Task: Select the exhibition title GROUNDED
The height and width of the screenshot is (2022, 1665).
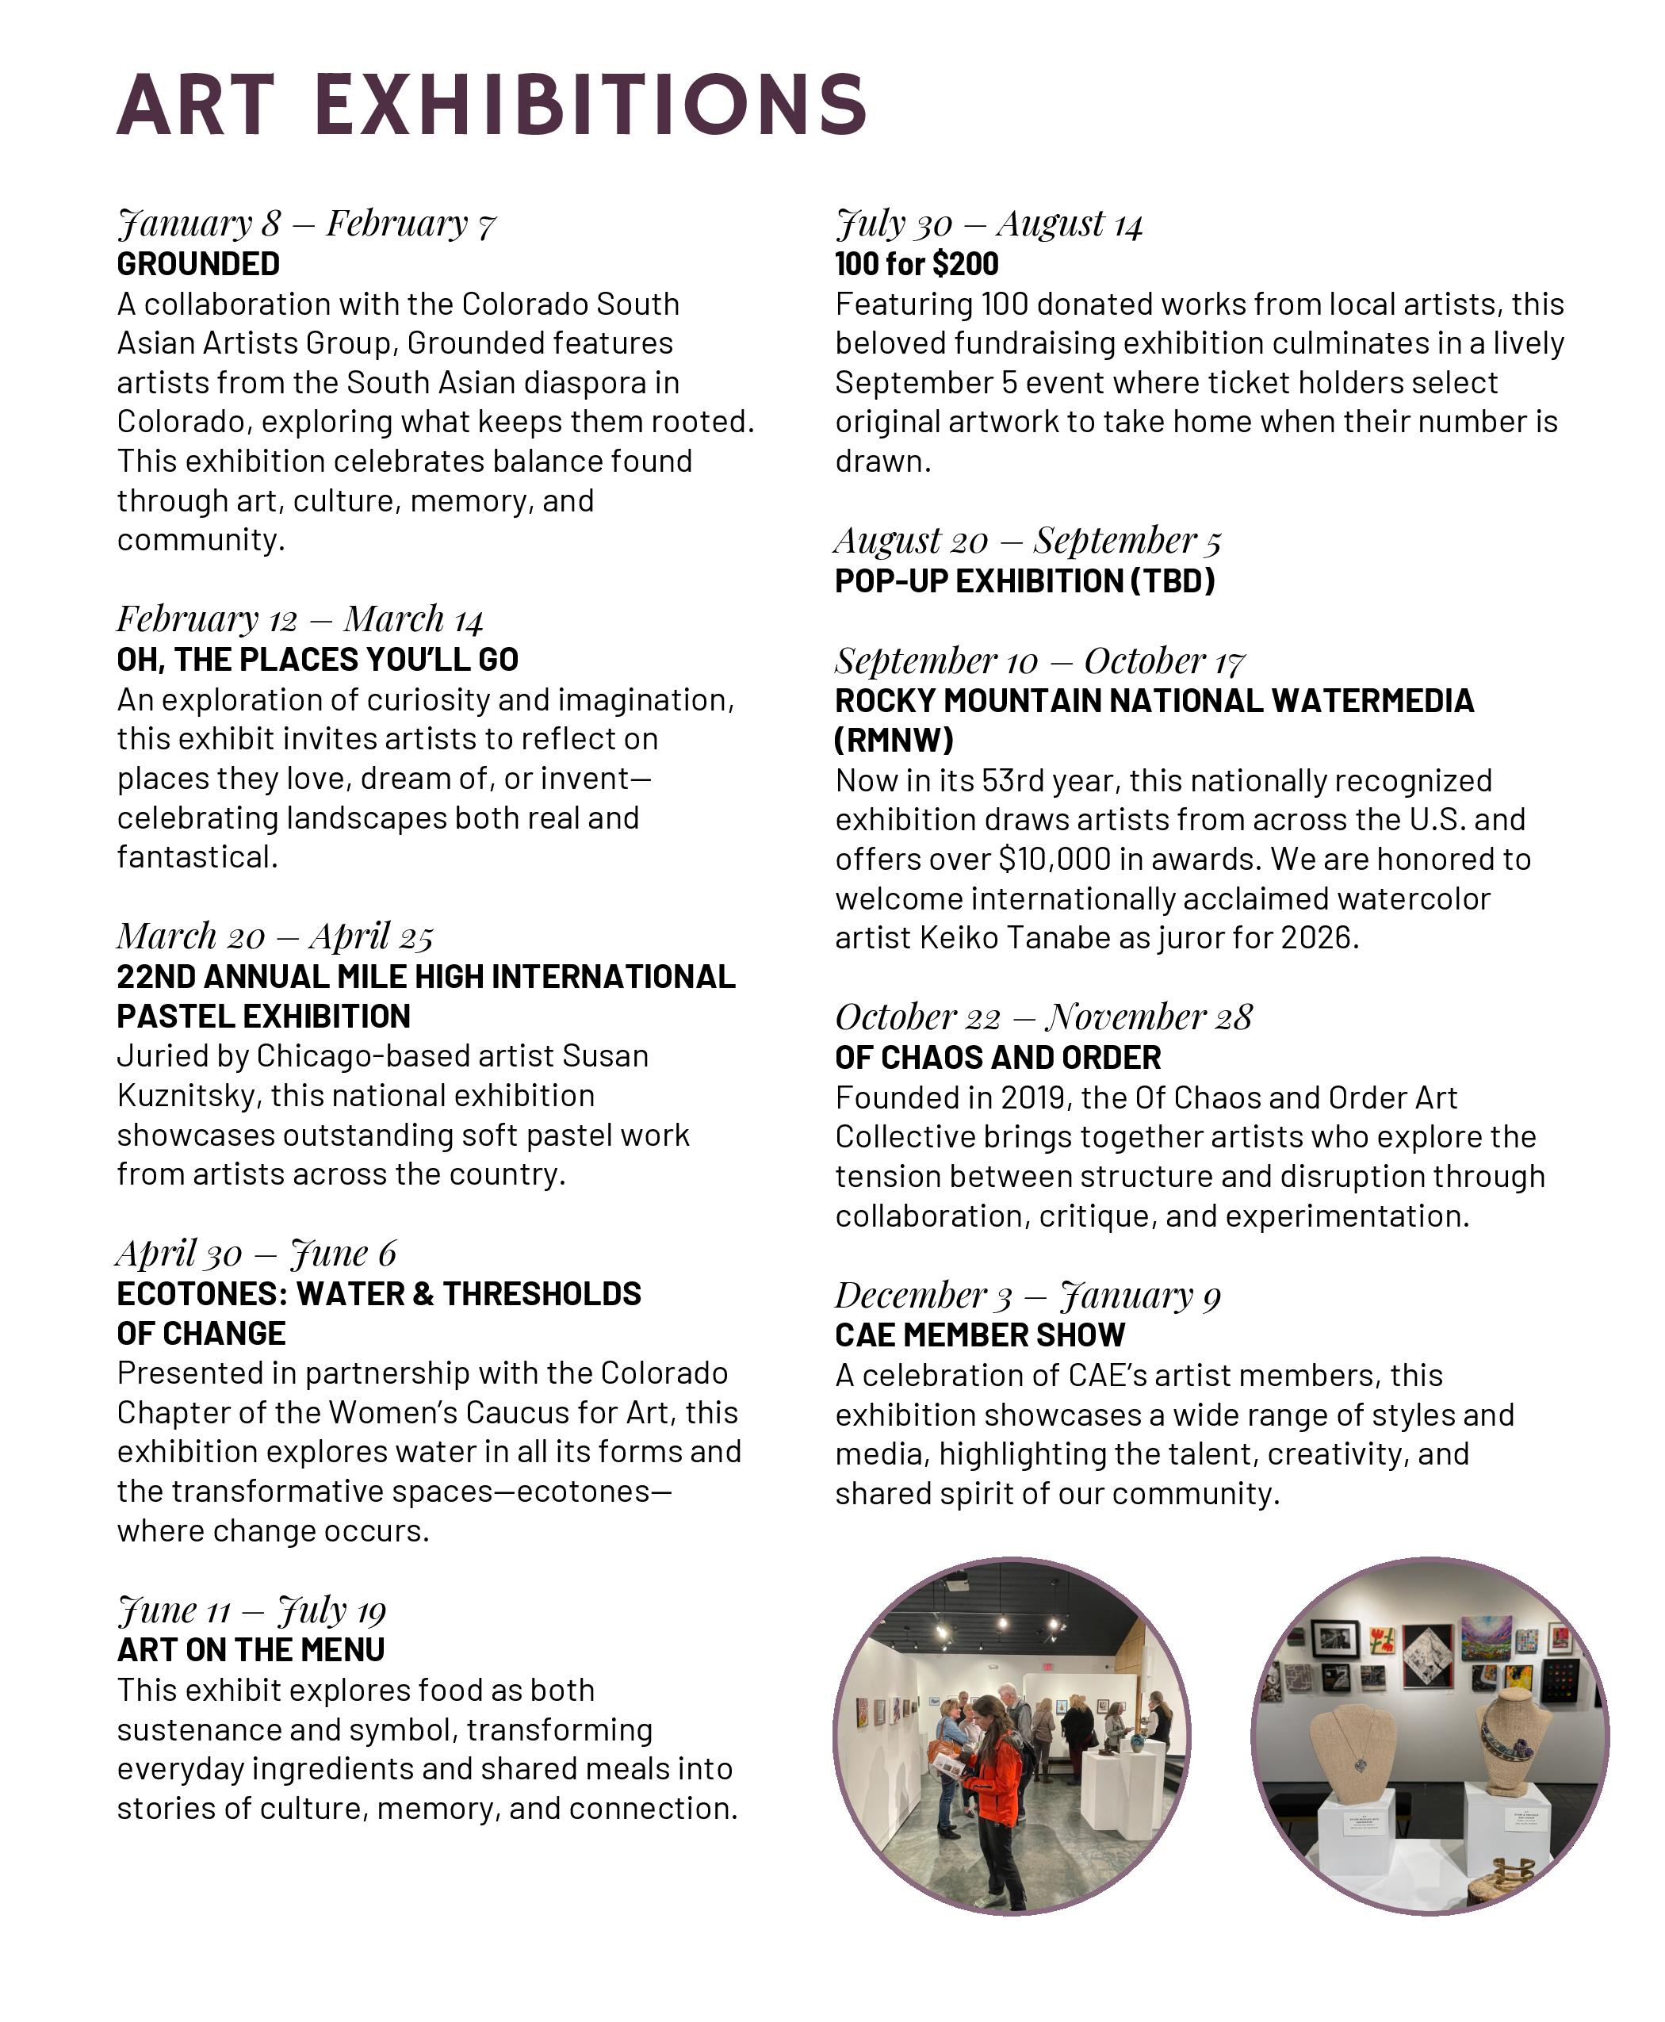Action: [x=198, y=264]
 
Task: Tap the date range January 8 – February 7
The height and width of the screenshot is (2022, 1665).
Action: [x=307, y=224]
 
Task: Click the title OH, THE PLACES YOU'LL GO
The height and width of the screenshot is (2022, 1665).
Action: [x=317, y=660]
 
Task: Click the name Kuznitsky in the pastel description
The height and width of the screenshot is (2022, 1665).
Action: [x=188, y=1095]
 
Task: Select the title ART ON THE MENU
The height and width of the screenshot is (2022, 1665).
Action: [x=251, y=1650]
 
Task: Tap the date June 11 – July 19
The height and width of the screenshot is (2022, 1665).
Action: [x=251, y=1610]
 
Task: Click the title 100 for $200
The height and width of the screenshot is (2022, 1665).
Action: [x=916, y=264]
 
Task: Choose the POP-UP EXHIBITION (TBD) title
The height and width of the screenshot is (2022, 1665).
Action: [x=1024, y=581]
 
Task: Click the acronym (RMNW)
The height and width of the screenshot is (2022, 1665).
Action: [x=894, y=741]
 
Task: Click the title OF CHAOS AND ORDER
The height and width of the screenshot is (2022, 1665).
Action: [x=997, y=1058]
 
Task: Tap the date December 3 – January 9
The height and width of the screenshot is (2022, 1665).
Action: [x=1028, y=1296]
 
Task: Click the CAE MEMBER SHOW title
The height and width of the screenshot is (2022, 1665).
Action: [x=979, y=1335]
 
